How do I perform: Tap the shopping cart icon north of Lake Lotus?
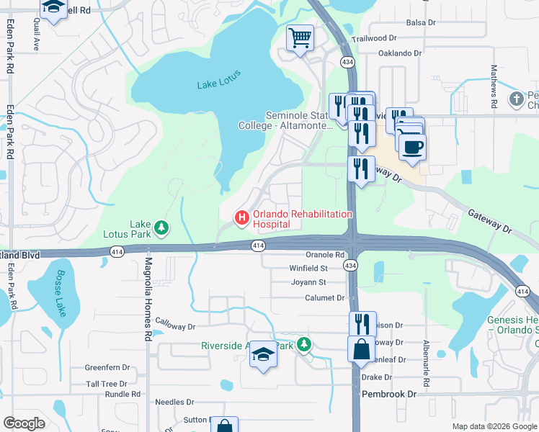click(300, 37)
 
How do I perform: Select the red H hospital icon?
click(241, 217)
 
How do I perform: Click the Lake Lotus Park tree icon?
click(163, 228)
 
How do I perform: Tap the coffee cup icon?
click(412, 148)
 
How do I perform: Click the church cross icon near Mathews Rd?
click(516, 99)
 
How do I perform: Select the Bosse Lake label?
click(58, 295)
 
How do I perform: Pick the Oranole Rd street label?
click(325, 254)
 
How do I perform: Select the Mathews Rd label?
click(494, 86)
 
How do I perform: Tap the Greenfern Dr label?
click(107, 367)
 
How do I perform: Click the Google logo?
click(24, 423)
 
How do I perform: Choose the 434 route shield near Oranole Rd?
click(350, 266)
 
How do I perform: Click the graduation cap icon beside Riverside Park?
click(263, 354)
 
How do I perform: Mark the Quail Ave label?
click(35, 34)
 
